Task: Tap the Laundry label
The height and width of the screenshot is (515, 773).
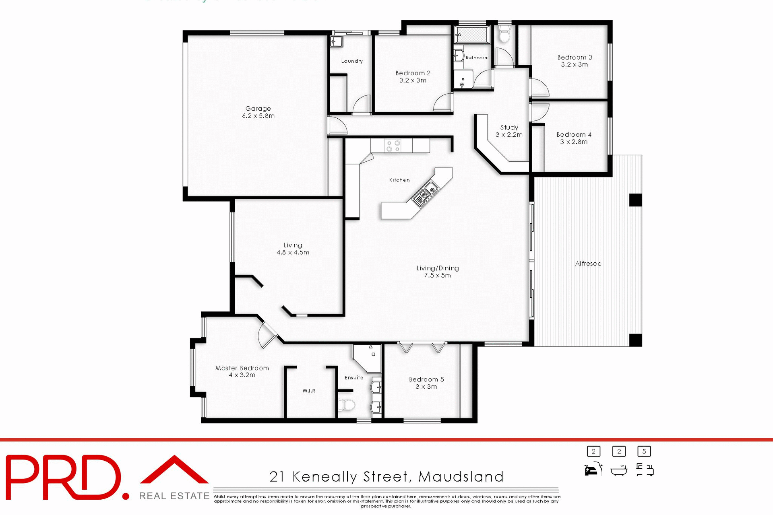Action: tap(352, 61)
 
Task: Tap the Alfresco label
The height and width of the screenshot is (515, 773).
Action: tap(588, 264)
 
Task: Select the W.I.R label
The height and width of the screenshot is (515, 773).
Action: tap(309, 391)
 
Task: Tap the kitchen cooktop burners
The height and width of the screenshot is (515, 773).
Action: tap(393, 146)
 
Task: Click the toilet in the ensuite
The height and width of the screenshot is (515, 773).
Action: tap(346, 405)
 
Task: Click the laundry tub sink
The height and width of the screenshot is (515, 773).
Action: tap(336, 41)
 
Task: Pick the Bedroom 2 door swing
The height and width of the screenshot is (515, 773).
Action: tap(443, 102)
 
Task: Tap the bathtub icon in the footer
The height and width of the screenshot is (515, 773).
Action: tap(619, 470)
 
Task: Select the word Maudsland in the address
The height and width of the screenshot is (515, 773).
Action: tap(461, 477)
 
